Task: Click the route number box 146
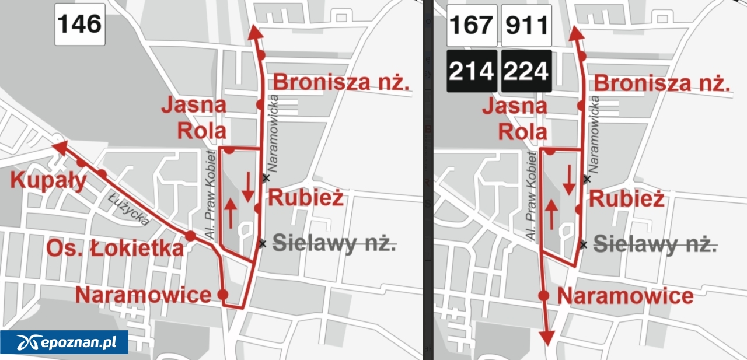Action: [x=80, y=25]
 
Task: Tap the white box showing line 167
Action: [x=472, y=25]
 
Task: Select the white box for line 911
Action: [x=526, y=25]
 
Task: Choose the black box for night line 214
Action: [x=472, y=71]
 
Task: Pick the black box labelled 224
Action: [x=526, y=71]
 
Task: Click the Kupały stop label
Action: [x=48, y=181]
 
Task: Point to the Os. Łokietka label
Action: [x=114, y=249]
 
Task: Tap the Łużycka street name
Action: [x=129, y=208]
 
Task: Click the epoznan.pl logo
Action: [x=64, y=342]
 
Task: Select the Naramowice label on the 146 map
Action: [x=143, y=295]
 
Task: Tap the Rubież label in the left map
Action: [x=305, y=198]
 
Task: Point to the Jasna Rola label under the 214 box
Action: [x=515, y=119]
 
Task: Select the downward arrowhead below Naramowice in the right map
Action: [x=547, y=337]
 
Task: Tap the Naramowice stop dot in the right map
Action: [x=544, y=295]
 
